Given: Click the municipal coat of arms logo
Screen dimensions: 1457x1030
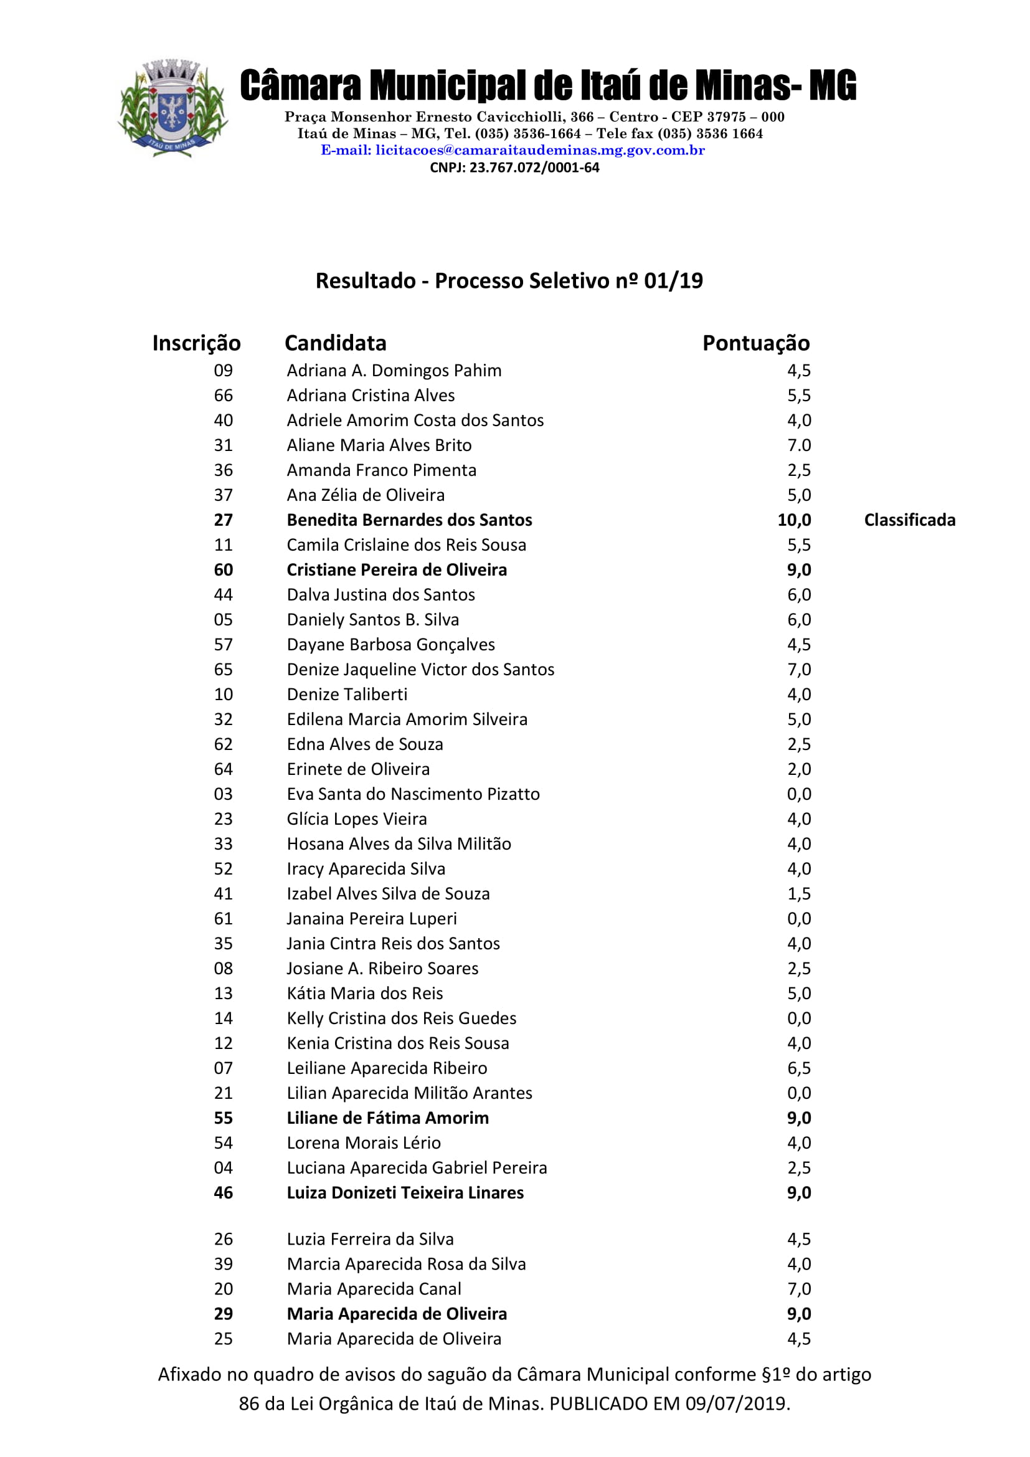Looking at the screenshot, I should [172, 108].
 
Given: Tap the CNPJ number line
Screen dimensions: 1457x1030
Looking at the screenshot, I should [514, 168].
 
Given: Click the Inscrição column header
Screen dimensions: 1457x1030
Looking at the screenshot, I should [197, 343].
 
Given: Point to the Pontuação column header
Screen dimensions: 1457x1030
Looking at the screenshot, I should [755, 343].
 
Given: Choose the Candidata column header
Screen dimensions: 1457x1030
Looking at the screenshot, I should [336, 343].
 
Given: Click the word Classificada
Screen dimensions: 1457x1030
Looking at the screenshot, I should [909, 520].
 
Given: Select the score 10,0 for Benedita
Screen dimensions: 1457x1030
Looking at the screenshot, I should [794, 520].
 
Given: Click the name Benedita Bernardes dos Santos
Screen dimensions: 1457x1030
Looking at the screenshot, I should [409, 520].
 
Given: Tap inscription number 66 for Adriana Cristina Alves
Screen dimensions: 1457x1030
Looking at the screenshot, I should [224, 396].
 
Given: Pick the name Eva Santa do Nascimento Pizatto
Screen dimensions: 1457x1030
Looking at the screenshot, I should [413, 794].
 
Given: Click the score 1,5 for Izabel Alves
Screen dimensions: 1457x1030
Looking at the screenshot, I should [799, 894].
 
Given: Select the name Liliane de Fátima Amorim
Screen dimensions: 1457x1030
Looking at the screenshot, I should [387, 1118].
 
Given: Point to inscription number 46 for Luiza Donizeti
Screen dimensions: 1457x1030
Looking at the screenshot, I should [224, 1193].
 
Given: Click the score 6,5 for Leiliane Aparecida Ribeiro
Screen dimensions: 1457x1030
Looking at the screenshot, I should [799, 1068].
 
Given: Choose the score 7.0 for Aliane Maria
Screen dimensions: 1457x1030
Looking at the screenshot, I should [799, 445].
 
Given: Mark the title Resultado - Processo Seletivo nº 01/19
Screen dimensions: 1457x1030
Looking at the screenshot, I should [509, 281].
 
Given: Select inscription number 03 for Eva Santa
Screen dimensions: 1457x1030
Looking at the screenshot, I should [224, 794].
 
